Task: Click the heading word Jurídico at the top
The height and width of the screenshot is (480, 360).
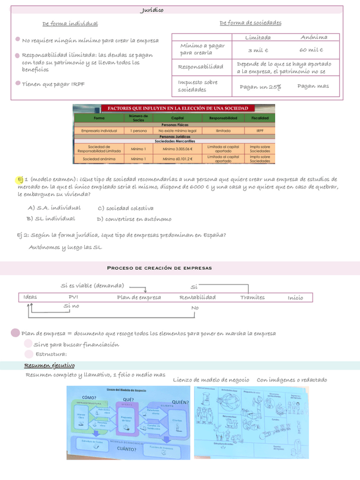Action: pos(152,10)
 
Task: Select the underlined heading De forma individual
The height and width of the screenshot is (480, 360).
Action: pos(70,24)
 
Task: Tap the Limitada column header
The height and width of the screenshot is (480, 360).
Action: pos(258,37)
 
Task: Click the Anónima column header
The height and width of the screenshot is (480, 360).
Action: pos(314,37)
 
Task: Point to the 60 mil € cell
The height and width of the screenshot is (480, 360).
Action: pos(311,50)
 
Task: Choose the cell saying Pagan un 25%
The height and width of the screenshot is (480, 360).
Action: pos(260,87)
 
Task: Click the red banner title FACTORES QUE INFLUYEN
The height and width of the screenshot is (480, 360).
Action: pos(174,108)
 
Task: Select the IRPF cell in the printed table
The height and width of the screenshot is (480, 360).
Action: pos(260,131)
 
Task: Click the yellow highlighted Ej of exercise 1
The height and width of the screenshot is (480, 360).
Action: pos(20,179)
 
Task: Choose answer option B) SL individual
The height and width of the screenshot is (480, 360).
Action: pos(50,218)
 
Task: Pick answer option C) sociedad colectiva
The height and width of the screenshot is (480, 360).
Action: pos(125,208)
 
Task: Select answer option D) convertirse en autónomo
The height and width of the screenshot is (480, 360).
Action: pos(134,219)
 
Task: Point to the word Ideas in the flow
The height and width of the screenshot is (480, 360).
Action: pos(31,297)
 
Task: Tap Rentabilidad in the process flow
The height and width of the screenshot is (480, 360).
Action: pos(198,297)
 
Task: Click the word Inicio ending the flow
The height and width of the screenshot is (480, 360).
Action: pos(295,298)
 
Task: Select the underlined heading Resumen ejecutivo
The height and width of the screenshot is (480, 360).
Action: pos(49,365)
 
